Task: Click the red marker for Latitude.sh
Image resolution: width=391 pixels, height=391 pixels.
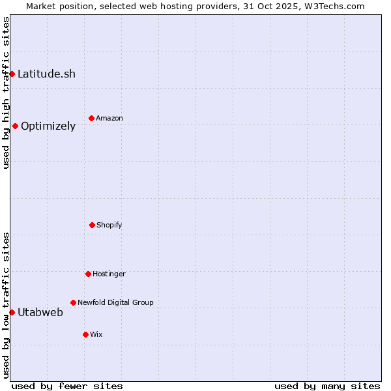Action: pos(12,74)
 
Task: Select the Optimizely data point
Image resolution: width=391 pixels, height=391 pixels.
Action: pos(15,126)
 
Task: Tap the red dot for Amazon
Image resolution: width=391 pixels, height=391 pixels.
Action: pos(91,118)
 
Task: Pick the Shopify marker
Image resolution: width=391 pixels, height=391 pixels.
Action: pos(92,225)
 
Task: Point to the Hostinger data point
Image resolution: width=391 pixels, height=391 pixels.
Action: pos(88,274)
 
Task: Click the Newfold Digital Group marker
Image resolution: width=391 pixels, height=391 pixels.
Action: pos(73,302)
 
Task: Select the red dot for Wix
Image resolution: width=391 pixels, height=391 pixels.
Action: pos(85,334)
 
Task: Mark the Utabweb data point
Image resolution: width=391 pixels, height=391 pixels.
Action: pos(12,312)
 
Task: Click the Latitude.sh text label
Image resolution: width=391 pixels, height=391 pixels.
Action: pos(46,74)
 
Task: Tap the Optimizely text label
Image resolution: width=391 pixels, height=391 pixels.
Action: pos(48,126)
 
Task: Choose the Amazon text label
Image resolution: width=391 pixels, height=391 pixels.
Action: pos(109,118)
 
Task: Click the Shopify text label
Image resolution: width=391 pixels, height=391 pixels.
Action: pos(109,225)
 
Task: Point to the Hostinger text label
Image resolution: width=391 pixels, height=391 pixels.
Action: pos(109,274)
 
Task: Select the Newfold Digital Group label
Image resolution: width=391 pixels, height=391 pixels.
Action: pos(115,302)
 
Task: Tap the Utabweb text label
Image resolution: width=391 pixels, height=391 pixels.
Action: pos(40,312)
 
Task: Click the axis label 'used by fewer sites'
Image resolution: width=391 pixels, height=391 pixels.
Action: pos(67,386)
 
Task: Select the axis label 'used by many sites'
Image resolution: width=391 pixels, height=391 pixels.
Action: pos(327,386)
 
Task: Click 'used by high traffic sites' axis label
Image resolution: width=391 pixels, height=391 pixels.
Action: pos(6,93)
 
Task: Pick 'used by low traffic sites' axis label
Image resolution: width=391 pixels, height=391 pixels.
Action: pos(6,305)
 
